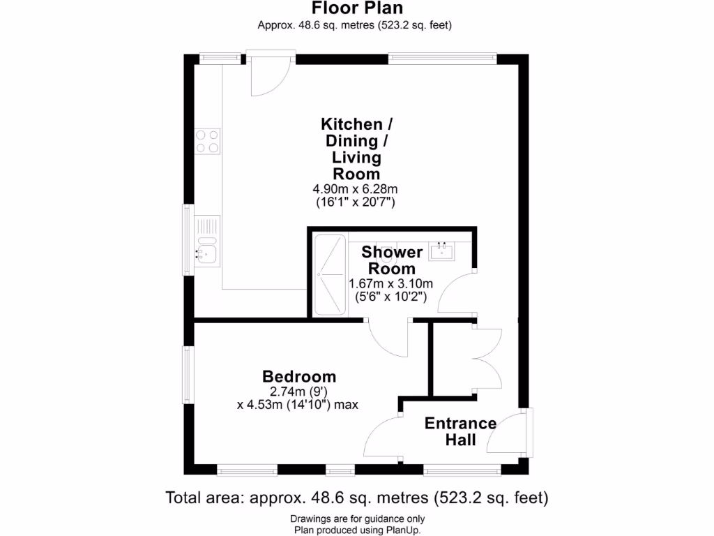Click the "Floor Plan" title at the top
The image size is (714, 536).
[x=356, y=8]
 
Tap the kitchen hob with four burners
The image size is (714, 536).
[x=207, y=141]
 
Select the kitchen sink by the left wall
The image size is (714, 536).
[x=207, y=251]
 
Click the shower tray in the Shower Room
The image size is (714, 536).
[x=329, y=275]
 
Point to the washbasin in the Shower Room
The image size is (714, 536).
[x=441, y=251]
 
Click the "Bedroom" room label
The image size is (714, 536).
[x=299, y=377]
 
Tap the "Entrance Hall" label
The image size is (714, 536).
[x=461, y=431]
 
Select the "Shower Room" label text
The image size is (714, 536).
[x=392, y=260]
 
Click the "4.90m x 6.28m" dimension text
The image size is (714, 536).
[x=356, y=189]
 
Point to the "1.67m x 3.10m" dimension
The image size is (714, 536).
[x=391, y=283]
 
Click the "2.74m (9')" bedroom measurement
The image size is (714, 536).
[x=298, y=392]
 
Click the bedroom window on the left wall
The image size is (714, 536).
[x=188, y=374]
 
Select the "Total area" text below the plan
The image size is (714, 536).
[x=356, y=498]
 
